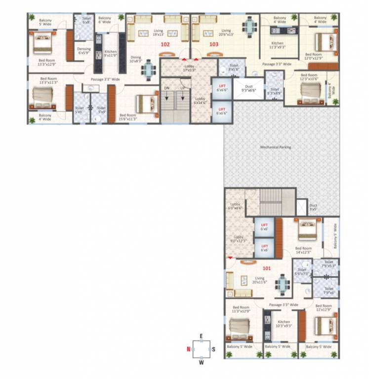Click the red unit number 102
(x=165, y=44)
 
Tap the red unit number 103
(x=213, y=44)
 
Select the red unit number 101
(x=266, y=269)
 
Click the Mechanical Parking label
(x=276, y=147)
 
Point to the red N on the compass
(x=188, y=349)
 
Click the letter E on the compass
(x=201, y=336)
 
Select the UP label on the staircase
(x=182, y=88)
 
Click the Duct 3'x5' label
(x=313, y=208)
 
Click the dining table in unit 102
(x=148, y=68)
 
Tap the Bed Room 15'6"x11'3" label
(x=128, y=116)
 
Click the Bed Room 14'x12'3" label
(x=303, y=250)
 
